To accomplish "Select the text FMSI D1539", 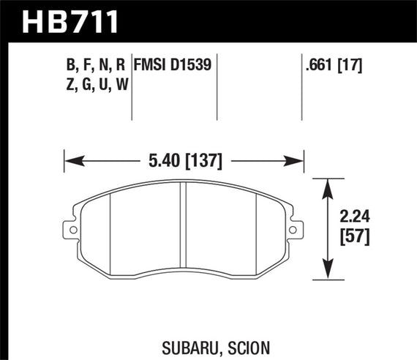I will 173,65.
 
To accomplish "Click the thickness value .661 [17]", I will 334,65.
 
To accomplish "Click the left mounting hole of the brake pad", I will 72,232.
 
